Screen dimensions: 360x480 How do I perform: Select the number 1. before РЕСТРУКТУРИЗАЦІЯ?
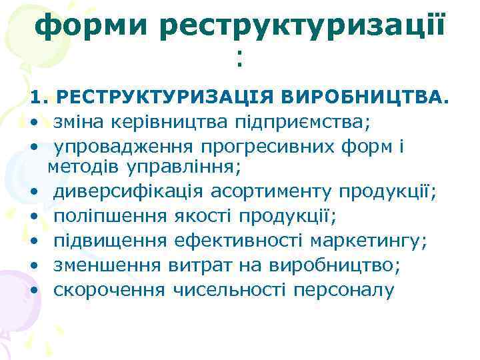click(39, 99)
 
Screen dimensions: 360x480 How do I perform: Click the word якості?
click(203, 217)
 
